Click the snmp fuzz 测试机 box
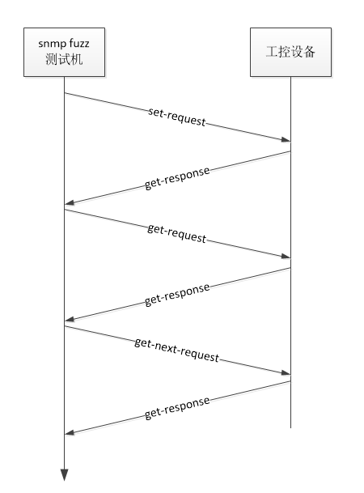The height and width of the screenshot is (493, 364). [x=64, y=52]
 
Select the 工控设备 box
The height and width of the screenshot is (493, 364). [x=290, y=52]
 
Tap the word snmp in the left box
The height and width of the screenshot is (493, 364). [x=50, y=44]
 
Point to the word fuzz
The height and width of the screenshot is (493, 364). [x=78, y=43]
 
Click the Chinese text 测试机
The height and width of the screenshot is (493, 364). [x=64, y=59]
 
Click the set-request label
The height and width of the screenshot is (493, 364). [x=177, y=117]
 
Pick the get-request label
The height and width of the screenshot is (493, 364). [x=177, y=234]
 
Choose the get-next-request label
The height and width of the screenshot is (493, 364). [x=177, y=350]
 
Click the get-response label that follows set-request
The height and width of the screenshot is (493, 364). [x=177, y=178]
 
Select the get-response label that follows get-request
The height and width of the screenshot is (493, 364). [x=177, y=295]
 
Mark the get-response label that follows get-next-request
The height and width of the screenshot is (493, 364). [x=177, y=408]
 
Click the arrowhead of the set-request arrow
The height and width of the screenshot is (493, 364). [x=286, y=139]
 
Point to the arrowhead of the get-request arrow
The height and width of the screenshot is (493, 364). [x=286, y=257]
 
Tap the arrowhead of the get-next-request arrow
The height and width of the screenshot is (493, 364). [x=286, y=373]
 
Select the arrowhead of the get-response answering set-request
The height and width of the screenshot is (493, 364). [x=69, y=202]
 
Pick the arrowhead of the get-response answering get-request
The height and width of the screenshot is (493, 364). [x=69, y=319]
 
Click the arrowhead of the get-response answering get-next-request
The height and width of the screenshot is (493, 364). [x=69, y=432]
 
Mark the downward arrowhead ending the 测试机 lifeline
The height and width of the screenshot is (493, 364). [x=65, y=475]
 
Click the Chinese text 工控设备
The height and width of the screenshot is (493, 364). [x=290, y=52]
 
